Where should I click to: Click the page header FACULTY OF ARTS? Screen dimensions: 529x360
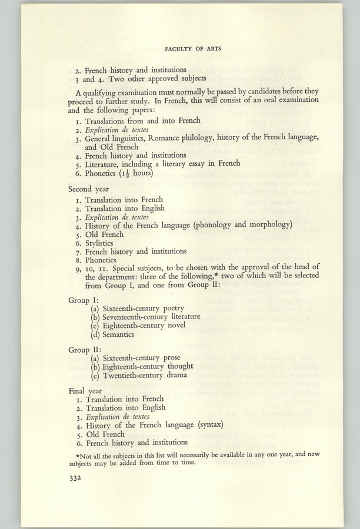click(x=194, y=49)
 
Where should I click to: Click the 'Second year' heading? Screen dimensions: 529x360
click(x=88, y=189)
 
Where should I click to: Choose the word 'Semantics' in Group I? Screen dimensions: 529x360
click(x=118, y=334)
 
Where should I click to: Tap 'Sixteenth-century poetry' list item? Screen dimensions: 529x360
click(x=143, y=307)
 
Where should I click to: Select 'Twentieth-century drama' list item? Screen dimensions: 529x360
click(x=144, y=375)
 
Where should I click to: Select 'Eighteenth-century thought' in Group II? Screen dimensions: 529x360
click(x=148, y=366)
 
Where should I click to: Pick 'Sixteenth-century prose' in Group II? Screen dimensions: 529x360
click(x=142, y=357)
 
